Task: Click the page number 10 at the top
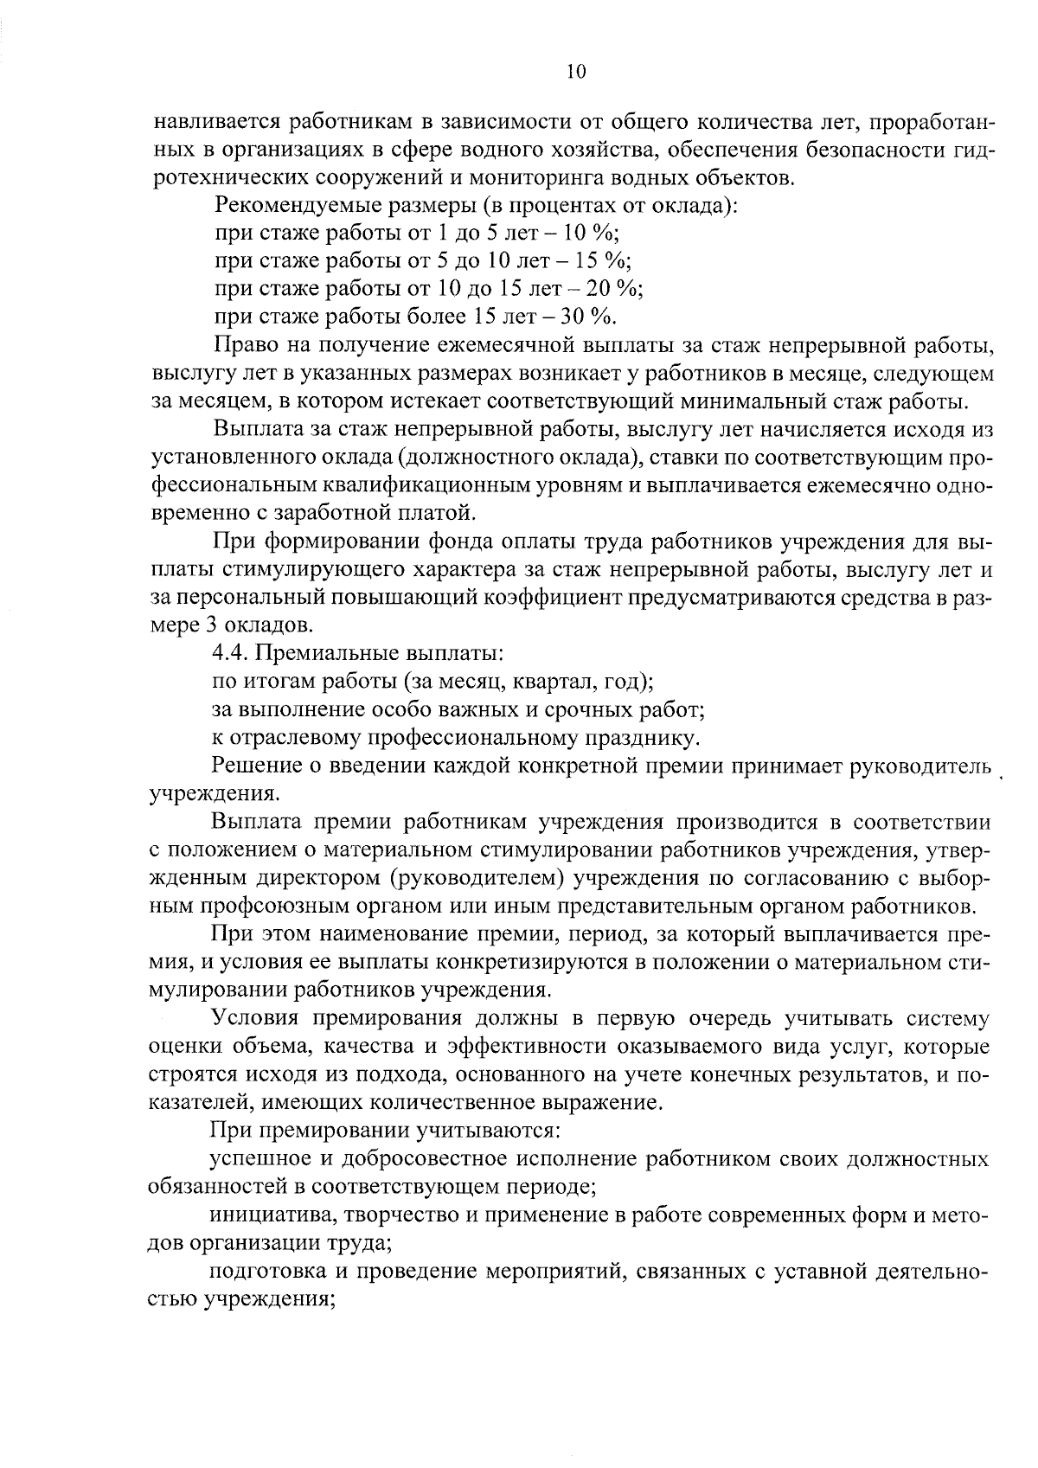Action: (576, 73)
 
